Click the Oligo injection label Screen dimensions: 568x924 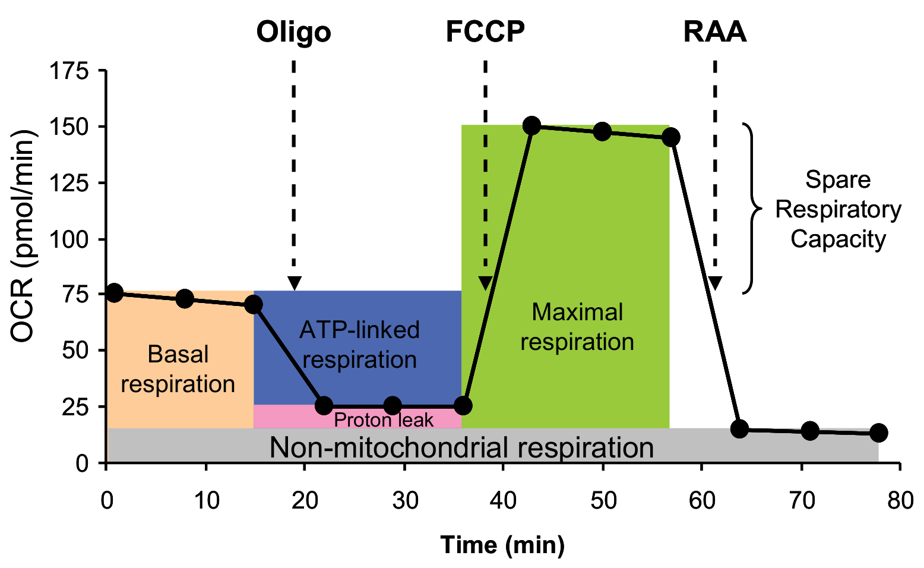pos(293,32)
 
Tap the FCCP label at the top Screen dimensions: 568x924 pos(485,32)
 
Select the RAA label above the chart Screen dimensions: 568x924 pos(714,32)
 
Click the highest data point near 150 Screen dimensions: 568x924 pos(531,126)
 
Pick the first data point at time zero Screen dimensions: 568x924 pos(114,292)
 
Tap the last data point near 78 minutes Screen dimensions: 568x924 pos(878,433)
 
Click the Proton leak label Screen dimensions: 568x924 pos(384,420)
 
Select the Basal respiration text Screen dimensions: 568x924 pos(178,369)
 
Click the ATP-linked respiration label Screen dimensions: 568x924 pos(360,345)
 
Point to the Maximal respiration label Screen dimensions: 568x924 pos(577,327)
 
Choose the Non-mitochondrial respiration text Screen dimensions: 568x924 pos(461,447)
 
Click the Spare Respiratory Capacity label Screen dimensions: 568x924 pos(838,209)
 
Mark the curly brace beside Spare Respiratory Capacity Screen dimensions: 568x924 pos(752,209)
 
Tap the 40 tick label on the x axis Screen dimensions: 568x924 pos(503,500)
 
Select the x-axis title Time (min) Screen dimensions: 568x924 pos(502,544)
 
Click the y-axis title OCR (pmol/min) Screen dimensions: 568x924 pos(24,236)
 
